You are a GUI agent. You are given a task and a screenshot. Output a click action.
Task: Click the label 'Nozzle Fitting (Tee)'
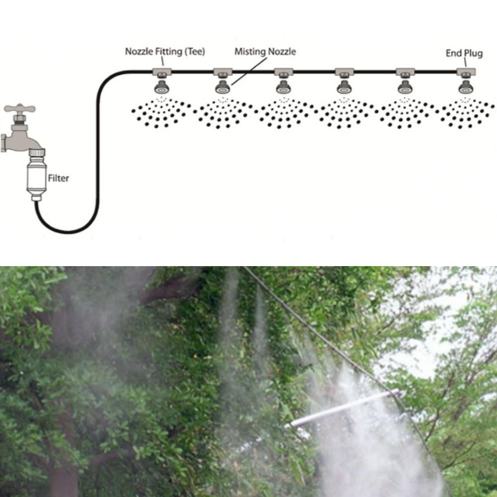point(164,51)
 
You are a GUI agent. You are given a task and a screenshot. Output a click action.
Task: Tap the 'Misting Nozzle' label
point(265,52)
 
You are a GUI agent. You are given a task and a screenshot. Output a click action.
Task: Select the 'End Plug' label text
point(464,53)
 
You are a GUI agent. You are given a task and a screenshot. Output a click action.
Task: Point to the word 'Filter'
point(58,178)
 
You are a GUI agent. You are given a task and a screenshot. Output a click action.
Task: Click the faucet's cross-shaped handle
point(19,109)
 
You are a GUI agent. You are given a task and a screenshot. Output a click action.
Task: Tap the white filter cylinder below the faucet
point(36,176)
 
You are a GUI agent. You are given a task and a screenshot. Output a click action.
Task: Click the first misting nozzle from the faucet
point(161,88)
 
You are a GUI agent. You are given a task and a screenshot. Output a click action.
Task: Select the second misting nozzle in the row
point(222,88)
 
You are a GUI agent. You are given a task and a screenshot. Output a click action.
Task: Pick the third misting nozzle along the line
point(283,88)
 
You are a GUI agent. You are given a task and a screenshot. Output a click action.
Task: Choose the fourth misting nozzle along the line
point(344,88)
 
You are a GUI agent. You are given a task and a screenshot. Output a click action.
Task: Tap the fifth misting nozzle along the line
point(405,88)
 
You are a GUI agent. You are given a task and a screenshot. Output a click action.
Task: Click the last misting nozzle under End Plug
point(465,88)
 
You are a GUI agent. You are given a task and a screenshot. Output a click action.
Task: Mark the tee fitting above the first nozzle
point(161,72)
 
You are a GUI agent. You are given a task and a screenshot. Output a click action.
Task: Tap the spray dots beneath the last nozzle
point(465,113)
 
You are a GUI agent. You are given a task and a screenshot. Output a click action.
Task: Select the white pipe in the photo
point(343,408)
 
